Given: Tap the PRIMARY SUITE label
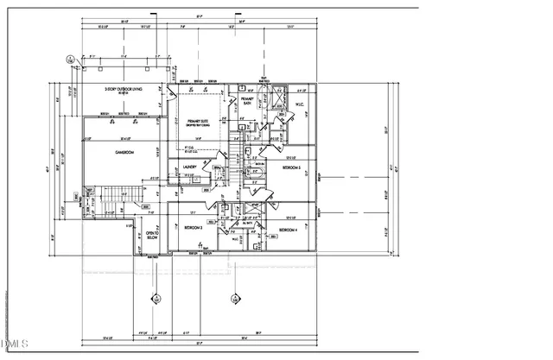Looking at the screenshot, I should [x=198, y=123].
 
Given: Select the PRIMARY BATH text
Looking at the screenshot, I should [x=245, y=102].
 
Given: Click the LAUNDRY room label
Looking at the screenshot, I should [x=190, y=167].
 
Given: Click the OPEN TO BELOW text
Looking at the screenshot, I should [x=151, y=236].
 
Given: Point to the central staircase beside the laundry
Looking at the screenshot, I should [x=231, y=163].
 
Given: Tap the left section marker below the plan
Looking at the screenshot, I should [x=156, y=299].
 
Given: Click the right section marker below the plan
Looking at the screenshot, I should [x=234, y=299].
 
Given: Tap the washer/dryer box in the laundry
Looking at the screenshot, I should [x=196, y=180].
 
